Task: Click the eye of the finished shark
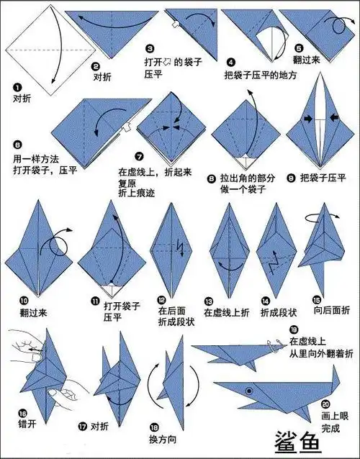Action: pyautogui.click(x=250, y=389)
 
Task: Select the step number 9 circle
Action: pyautogui.click(x=291, y=176)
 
